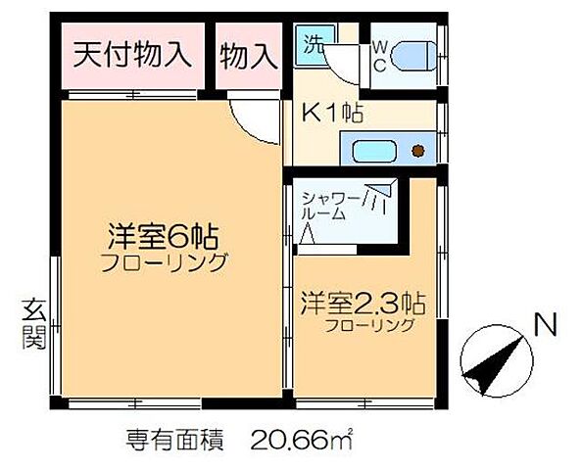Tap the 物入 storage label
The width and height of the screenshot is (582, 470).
coord(245,55)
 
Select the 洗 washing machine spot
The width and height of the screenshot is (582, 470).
coord(313,45)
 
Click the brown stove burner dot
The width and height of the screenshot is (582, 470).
coord(418,152)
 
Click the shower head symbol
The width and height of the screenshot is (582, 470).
coord(377,197)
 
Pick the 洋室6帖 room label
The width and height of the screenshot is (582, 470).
coord(162,237)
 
